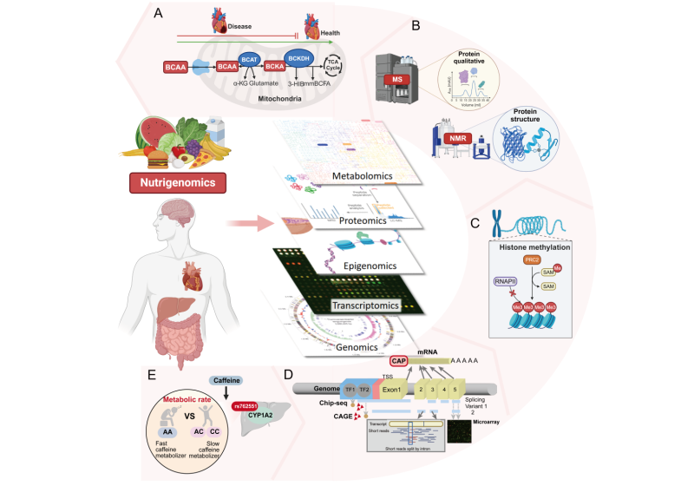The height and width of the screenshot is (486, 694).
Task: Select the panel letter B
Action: (416, 26)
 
